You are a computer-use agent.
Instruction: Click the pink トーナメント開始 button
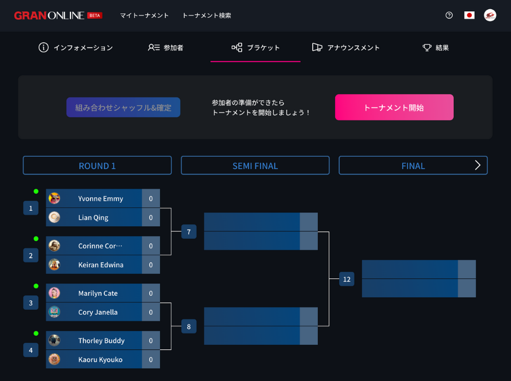pos(394,107)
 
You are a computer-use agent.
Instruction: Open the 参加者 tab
pos(166,47)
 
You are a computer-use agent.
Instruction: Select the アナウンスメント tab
pos(346,47)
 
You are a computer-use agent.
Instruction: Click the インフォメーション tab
pos(76,47)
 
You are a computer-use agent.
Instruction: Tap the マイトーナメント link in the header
pos(144,15)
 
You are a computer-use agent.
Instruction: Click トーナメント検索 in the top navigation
pos(206,15)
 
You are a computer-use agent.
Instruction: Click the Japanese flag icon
pos(469,15)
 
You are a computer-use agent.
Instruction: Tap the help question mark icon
pos(449,15)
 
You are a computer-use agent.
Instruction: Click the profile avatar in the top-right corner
pos(490,15)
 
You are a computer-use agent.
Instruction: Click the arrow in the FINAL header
pos(478,165)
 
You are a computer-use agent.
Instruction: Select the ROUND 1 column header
pos(97,165)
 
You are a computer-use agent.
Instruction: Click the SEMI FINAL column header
pos(255,165)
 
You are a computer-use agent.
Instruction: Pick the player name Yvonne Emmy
pos(101,199)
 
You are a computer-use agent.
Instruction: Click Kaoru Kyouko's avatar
pos(54,359)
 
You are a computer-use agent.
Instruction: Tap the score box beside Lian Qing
pos(151,218)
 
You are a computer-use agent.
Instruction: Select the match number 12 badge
pos(346,279)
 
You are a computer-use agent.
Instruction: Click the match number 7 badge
pos(189,232)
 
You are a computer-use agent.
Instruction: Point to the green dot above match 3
pos(36,286)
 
